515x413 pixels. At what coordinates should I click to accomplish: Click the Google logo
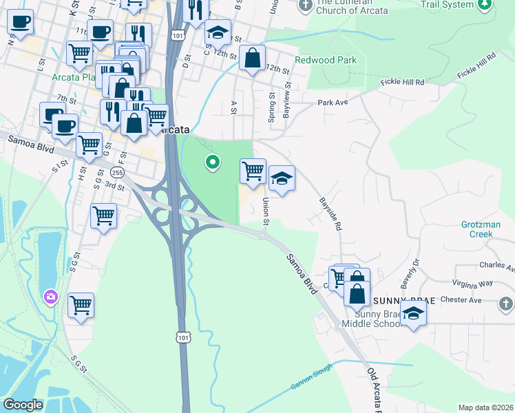tap(23, 405)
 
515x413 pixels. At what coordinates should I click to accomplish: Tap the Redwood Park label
tap(326, 60)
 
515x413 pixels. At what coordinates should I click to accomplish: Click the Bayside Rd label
tap(330, 214)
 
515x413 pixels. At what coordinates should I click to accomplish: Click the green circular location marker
tap(213, 162)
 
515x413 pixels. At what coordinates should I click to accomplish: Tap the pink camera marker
tap(50, 297)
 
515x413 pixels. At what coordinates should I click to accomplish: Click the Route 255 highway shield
tap(116, 173)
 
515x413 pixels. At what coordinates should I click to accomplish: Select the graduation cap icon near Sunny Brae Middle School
tap(413, 314)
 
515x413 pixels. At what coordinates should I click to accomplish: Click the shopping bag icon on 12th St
tap(253, 59)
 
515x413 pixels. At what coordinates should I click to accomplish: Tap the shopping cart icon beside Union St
tap(253, 170)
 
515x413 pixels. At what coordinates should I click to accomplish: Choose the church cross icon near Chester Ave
tap(505, 304)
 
